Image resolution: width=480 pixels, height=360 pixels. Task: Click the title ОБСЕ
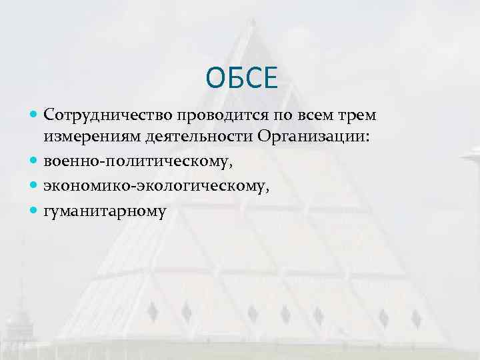[240, 78]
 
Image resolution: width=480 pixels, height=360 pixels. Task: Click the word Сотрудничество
[104, 116]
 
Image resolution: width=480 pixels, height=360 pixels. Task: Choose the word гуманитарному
[104, 210]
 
